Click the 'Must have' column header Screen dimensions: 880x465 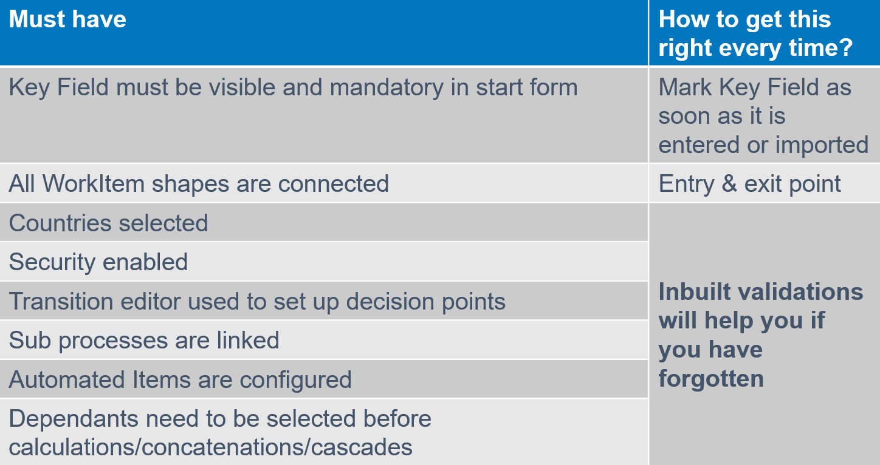[x=67, y=19]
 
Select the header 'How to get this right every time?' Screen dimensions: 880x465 [x=755, y=33]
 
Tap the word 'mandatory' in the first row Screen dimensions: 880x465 [x=387, y=87]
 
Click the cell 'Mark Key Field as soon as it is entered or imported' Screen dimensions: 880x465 [x=763, y=116]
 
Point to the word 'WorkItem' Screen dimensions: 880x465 [x=94, y=183]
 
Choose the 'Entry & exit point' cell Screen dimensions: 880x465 [x=749, y=184]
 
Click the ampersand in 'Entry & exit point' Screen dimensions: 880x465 [x=729, y=184]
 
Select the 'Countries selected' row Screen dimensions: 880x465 [x=108, y=223]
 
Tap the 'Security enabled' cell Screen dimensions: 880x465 [x=98, y=262]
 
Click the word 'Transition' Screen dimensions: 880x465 [x=61, y=301]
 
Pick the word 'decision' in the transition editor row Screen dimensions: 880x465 [x=390, y=301]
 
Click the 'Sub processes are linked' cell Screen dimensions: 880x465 [x=144, y=340]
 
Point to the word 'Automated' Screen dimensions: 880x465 [x=67, y=379]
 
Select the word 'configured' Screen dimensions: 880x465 [x=295, y=380]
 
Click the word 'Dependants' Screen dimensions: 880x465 [x=74, y=418]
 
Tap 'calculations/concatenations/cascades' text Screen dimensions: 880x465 [x=210, y=447]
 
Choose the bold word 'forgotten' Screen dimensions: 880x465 [x=711, y=379]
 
